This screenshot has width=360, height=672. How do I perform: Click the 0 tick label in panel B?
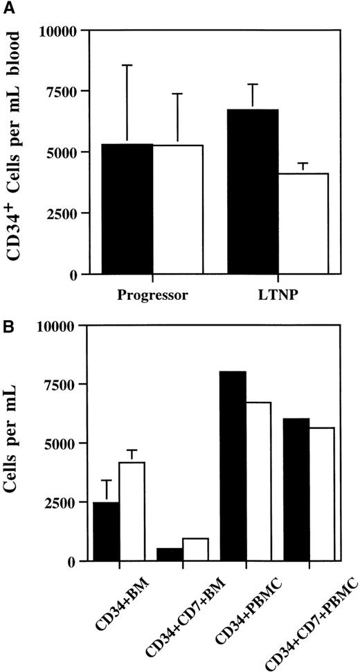pos(73,562)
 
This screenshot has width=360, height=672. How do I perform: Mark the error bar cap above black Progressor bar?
pos(127,65)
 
